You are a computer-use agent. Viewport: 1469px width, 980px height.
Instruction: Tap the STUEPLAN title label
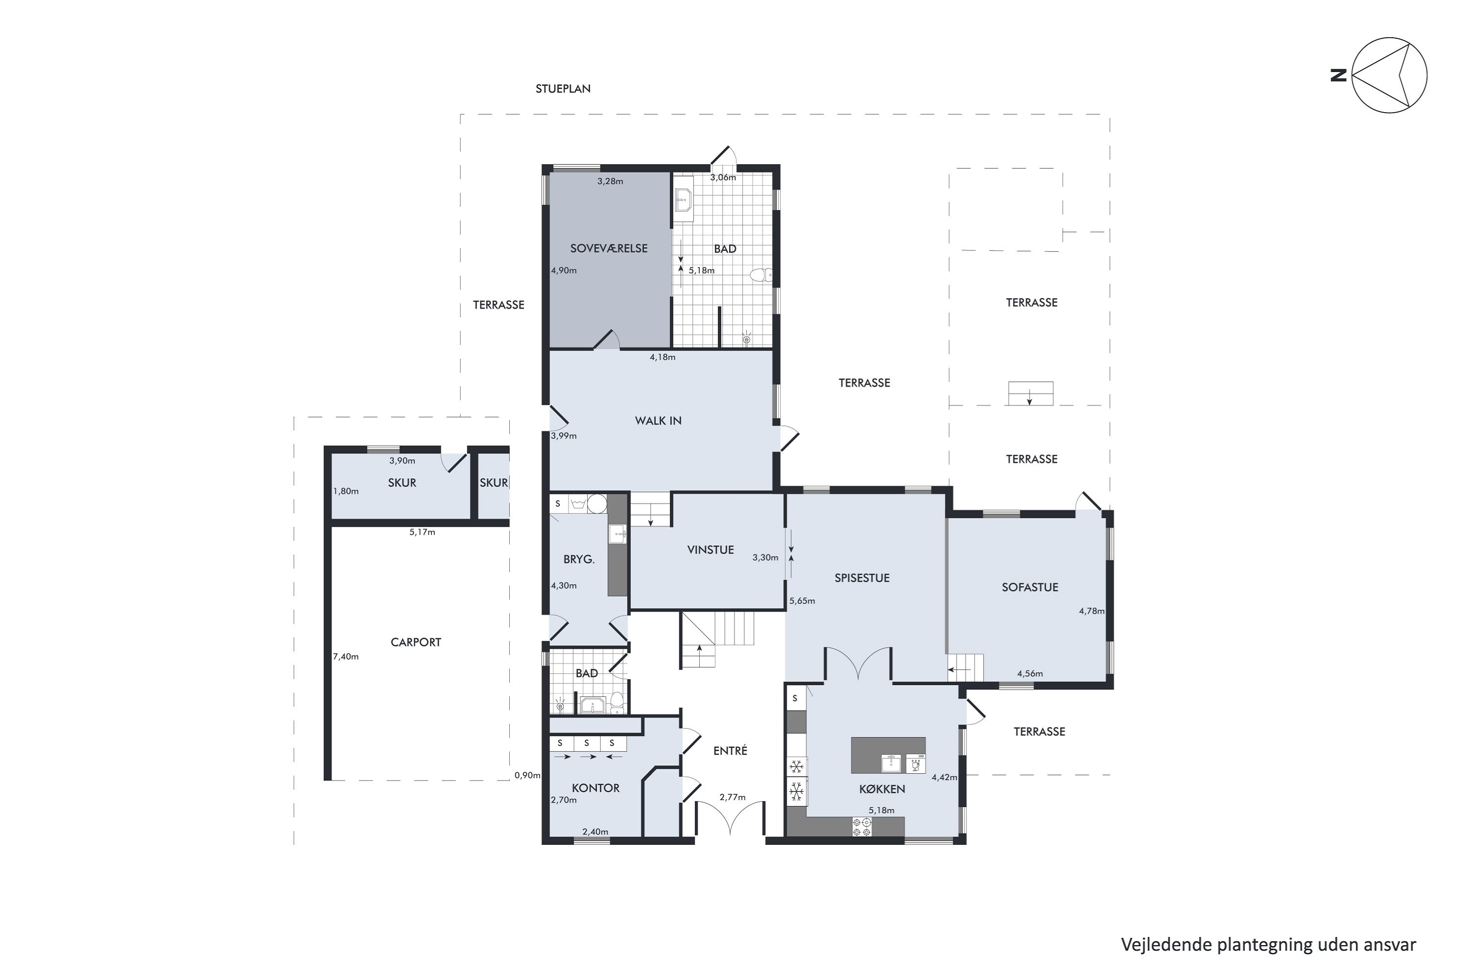coord(563,89)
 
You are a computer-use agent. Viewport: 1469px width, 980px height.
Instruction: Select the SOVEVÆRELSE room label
coord(608,248)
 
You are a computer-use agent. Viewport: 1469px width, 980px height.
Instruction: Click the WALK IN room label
coord(658,420)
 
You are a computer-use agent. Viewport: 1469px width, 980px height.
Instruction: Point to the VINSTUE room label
coord(710,550)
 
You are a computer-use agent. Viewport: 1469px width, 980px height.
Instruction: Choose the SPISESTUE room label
coord(862,578)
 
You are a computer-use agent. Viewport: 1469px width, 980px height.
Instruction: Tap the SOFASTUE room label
coord(1030,588)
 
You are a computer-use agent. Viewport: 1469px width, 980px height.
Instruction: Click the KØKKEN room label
coord(882,789)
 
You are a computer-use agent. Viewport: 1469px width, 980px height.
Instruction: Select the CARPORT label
coord(415,642)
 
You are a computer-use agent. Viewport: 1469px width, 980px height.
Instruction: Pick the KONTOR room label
coord(596,788)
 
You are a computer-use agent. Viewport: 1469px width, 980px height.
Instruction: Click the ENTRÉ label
coord(730,751)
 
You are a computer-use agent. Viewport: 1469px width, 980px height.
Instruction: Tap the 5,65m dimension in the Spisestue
coord(802,601)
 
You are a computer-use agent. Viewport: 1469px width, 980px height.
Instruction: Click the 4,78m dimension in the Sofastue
coord(1091,611)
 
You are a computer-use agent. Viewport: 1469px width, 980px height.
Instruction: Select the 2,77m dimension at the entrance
coord(732,798)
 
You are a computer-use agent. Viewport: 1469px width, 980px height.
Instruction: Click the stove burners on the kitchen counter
coord(862,827)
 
